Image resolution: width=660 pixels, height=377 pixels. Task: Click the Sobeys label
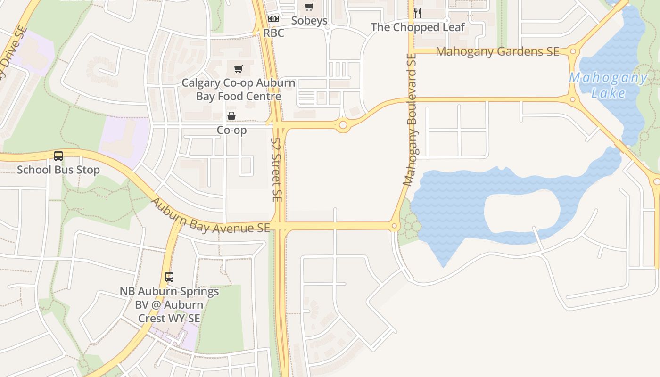pyautogui.click(x=309, y=21)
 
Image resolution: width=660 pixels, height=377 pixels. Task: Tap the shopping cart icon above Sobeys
pyautogui.click(x=309, y=7)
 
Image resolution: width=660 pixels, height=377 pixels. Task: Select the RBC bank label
pyautogui.click(x=273, y=33)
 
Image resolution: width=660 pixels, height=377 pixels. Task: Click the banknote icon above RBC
pyautogui.click(x=273, y=19)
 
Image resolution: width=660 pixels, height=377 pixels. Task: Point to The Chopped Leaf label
pyautogui.click(x=418, y=27)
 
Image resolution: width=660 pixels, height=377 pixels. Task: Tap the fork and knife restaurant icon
pyautogui.click(x=417, y=13)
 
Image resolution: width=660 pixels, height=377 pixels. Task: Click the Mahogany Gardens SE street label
pyautogui.click(x=497, y=51)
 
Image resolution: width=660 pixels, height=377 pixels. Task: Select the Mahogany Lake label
pyautogui.click(x=608, y=85)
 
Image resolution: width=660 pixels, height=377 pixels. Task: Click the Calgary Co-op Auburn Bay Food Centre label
pyautogui.click(x=239, y=90)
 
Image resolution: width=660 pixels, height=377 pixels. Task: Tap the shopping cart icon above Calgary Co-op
pyautogui.click(x=239, y=69)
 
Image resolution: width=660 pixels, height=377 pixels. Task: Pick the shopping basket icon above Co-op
pyautogui.click(x=231, y=116)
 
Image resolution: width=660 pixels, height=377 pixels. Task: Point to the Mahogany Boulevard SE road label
pyautogui.click(x=410, y=120)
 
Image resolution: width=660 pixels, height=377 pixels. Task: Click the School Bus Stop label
pyautogui.click(x=58, y=170)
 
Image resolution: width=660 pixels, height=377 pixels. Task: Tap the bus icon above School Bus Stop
pyautogui.click(x=58, y=156)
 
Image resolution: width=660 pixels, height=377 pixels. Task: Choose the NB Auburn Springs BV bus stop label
pyautogui.click(x=169, y=304)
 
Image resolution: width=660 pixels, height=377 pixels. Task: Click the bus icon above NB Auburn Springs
pyautogui.click(x=169, y=277)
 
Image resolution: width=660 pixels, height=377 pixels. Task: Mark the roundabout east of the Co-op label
pyautogui.click(x=343, y=125)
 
